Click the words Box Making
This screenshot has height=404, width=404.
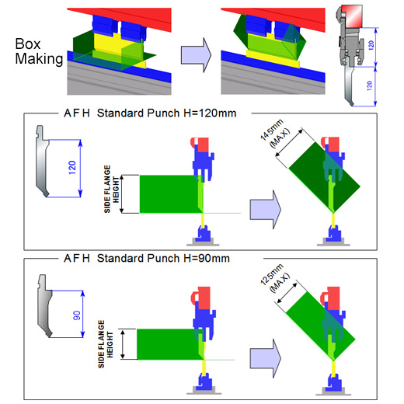(x=39, y=51)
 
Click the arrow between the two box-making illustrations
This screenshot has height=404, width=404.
(x=196, y=55)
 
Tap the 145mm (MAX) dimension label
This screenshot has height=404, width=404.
(x=275, y=134)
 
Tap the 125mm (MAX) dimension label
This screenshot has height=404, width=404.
(x=275, y=278)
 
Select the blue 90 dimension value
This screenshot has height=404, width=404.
(x=77, y=315)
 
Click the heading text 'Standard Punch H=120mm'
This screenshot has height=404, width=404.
(x=166, y=113)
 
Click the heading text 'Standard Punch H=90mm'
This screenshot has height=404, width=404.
(x=163, y=258)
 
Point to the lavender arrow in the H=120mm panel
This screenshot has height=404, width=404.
(x=265, y=210)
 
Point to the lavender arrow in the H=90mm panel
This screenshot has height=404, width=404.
(x=265, y=358)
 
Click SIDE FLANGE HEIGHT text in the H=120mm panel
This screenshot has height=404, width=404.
(x=111, y=189)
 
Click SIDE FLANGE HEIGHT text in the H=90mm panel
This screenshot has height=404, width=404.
(x=106, y=344)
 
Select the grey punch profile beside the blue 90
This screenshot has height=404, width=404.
(x=45, y=306)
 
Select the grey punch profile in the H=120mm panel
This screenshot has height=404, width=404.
(x=42, y=161)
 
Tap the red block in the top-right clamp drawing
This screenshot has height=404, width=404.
(x=352, y=16)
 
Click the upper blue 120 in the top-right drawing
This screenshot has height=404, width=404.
(x=371, y=45)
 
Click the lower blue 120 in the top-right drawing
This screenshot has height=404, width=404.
(x=370, y=85)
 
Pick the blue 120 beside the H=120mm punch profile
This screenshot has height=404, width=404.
(x=72, y=167)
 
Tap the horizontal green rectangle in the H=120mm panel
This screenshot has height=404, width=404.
(x=169, y=194)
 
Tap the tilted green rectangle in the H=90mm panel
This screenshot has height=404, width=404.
(x=321, y=326)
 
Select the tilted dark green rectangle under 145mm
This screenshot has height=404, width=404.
(x=325, y=177)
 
